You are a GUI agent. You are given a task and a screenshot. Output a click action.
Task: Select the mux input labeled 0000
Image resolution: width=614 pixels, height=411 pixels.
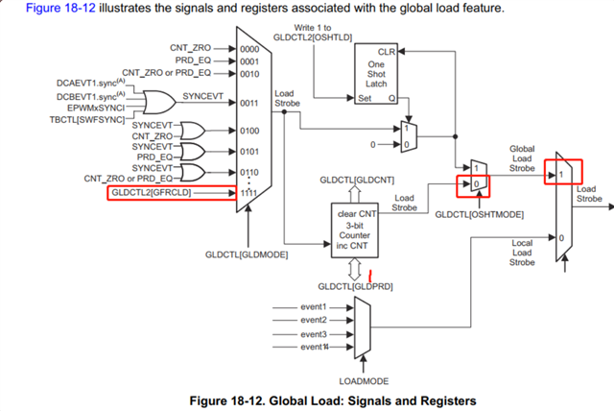248,47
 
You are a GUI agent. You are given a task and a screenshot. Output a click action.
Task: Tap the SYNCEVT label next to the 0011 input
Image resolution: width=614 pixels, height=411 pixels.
202,97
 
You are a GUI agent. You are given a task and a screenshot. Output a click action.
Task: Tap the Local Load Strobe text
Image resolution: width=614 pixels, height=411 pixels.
521,252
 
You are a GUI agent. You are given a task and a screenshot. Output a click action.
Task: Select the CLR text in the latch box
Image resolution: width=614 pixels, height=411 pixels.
386,50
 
